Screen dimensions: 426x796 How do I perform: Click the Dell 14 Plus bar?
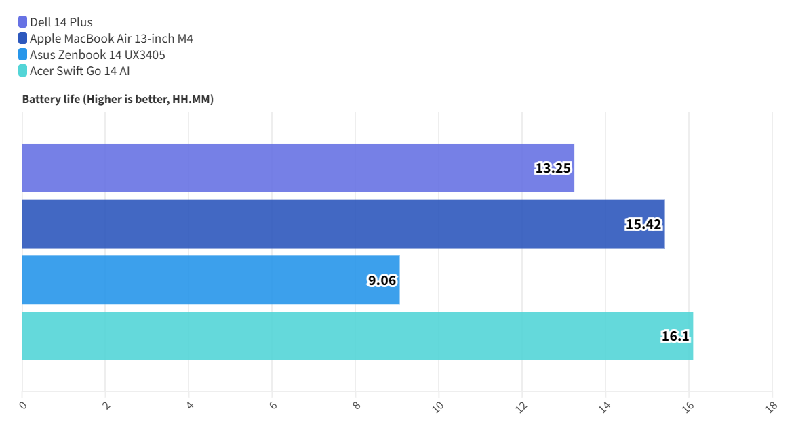(298, 168)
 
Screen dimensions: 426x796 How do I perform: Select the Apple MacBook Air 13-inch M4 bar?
(343, 224)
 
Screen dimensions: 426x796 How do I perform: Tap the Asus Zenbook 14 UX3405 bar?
(210, 280)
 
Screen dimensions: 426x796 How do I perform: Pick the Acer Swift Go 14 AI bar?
(357, 336)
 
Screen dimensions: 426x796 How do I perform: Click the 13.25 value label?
(553, 169)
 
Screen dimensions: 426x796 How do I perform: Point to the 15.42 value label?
(643, 225)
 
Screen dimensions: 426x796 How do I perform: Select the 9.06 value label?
(382, 280)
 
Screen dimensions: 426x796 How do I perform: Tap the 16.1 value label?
(675, 337)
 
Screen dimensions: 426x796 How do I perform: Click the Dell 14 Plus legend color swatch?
(23, 22)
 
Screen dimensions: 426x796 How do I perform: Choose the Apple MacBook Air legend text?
(111, 39)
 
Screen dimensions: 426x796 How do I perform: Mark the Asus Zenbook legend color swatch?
(23, 55)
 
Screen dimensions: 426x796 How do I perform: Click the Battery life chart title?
(118, 100)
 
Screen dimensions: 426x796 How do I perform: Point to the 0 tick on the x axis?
(23, 405)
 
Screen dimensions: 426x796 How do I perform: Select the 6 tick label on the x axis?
(273, 405)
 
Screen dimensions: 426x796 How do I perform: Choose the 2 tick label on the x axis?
(106, 405)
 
